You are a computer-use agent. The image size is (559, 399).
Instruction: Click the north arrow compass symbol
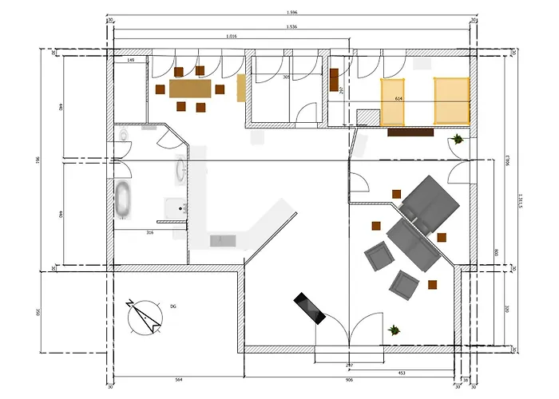pyautogui.click(x=145, y=315)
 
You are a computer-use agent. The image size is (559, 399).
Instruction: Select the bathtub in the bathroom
pyautogui.click(x=124, y=199)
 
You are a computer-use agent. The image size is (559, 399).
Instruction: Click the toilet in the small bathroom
pyautogui.click(x=123, y=137)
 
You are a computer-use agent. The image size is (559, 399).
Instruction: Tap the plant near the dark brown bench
pyautogui.click(x=457, y=140)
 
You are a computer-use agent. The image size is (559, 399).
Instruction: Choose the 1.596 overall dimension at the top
pyautogui.click(x=293, y=12)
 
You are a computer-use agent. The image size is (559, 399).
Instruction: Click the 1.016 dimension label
pyautogui.click(x=232, y=36)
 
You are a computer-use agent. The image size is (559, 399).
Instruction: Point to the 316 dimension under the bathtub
pyautogui.click(x=149, y=233)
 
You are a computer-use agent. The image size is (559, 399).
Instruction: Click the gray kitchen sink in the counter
pyautogui.click(x=222, y=239)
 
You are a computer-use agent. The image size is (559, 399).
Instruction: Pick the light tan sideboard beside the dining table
pyautogui.click(x=241, y=88)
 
